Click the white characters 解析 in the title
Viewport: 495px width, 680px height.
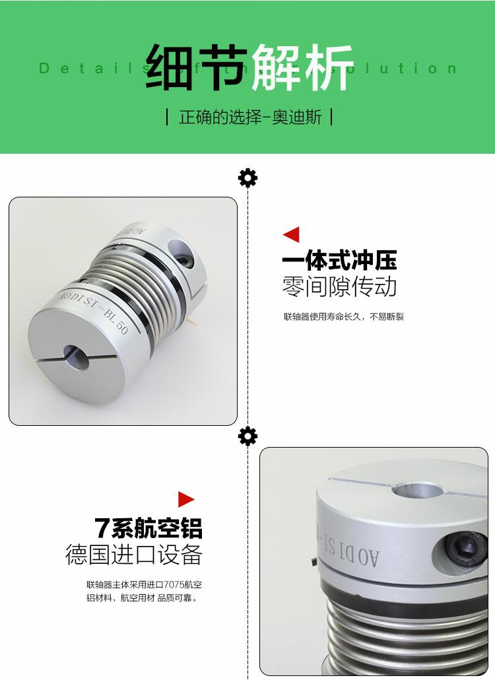302,67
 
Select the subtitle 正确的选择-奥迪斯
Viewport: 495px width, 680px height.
250,118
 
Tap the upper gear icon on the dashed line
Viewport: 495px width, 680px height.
247,178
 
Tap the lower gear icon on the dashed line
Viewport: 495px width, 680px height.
247,436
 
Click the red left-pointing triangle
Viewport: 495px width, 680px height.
291,234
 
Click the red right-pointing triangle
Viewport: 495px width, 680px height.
187,499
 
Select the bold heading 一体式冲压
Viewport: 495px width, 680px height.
339,261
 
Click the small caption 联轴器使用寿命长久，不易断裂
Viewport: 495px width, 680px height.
343,317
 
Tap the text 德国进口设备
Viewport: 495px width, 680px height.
133,555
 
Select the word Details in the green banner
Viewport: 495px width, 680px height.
82,68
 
